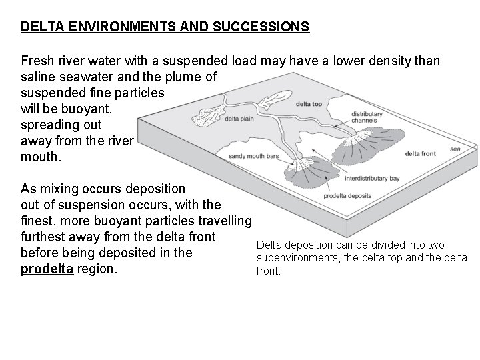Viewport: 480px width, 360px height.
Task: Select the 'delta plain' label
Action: click(x=241, y=119)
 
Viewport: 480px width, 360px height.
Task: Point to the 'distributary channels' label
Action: click(x=367, y=117)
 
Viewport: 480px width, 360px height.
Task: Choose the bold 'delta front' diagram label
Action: click(x=420, y=154)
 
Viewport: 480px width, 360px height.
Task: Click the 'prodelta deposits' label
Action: click(x=347, y=196)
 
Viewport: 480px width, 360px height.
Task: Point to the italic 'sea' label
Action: click(x=455, y=149)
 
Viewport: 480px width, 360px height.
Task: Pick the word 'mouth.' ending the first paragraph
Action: click(x=41, y=158)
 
